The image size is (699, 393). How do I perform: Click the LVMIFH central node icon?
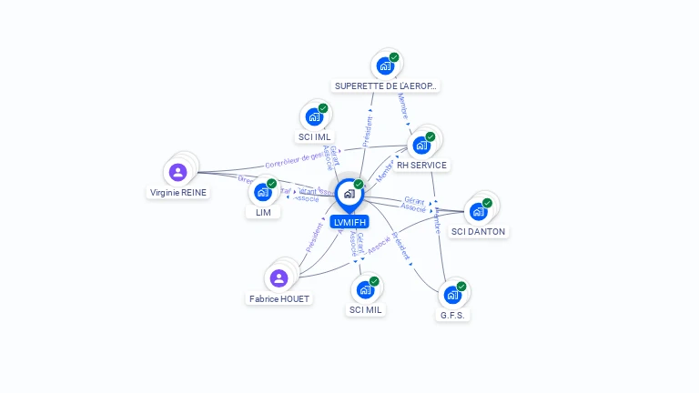349,194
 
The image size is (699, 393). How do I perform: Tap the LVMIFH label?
349,222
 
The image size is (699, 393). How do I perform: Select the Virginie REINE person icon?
178,171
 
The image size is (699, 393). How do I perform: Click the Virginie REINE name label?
178,193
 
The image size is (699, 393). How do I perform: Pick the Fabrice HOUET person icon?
279,277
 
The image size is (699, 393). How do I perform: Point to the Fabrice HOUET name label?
279,299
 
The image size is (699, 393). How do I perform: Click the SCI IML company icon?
314,117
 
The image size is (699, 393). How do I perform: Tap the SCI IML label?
314,137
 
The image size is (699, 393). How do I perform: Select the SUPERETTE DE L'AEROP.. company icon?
385,65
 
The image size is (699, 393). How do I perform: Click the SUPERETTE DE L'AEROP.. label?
385,86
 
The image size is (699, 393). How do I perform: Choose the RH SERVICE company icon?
421,145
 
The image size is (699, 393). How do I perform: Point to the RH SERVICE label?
421,166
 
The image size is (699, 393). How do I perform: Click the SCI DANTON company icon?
478,211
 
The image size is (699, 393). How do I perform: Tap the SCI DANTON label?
478,232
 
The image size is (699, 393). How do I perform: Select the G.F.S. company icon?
452,295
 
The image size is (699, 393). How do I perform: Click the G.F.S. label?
452,316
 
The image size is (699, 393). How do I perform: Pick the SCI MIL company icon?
366,289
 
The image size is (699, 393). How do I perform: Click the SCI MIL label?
366,310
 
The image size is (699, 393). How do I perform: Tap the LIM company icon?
263,192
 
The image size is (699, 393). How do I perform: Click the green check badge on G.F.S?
461,286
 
